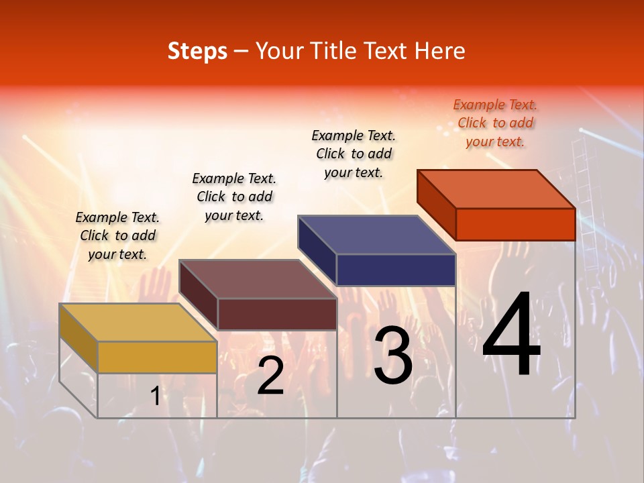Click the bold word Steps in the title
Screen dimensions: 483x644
click(197, 51)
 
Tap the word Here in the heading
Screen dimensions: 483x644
click(440, 51)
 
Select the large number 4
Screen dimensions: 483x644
click(511, 335)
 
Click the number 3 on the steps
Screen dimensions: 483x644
click(393, 356)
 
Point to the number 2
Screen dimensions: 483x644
click(270, 376)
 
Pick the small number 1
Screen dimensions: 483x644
click(155, 396)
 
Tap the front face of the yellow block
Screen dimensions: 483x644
click(157, 357)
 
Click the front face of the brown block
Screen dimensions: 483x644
click(277, 314)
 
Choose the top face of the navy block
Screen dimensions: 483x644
click(376, 235)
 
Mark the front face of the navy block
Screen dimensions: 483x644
click(396, 270)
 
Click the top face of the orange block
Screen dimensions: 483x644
click(496, 189)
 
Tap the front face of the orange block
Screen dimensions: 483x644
click(515, 224)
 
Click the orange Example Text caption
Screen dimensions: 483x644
click(495, 123)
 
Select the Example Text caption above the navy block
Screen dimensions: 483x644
click(354, 154)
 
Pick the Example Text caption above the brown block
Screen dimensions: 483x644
click(234, 197)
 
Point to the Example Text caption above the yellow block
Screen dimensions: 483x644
click(117, 235)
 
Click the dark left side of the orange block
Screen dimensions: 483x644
click(436, 201)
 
